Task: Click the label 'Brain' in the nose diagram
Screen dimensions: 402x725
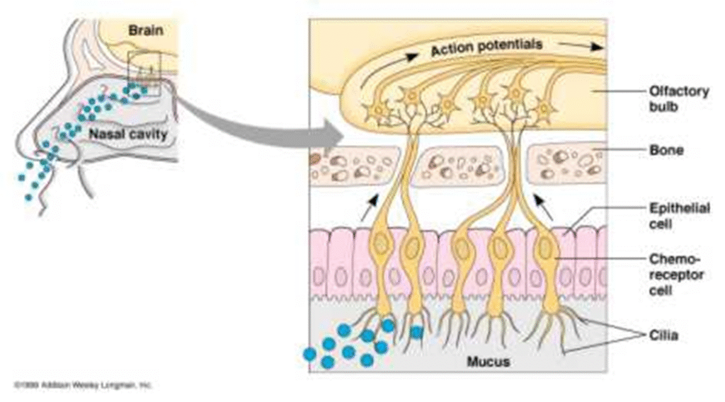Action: pos(146,30)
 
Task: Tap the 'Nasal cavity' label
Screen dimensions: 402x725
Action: pos(128,133)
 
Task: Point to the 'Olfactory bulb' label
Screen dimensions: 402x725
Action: pos(678,98)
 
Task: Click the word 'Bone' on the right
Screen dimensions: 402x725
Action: pos(666,150)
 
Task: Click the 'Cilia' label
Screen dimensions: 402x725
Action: pos(663,335)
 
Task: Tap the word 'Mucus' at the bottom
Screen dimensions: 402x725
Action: pos(489,362)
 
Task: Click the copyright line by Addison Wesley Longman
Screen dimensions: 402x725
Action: pos(84,385)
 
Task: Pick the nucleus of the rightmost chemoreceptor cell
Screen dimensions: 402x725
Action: pos(545,248)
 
